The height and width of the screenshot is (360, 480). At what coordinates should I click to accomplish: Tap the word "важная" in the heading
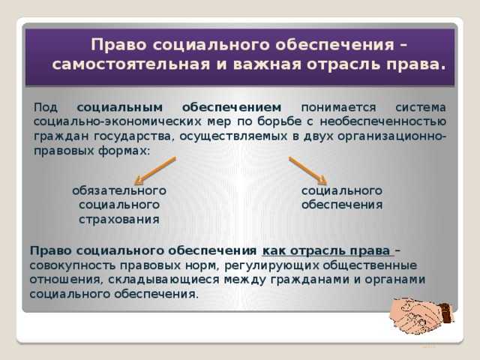click(x=236, y=64)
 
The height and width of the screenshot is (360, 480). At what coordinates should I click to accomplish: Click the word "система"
click(x=420, y=107)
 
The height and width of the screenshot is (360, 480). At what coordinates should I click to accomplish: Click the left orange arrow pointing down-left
click(x=154, y=170)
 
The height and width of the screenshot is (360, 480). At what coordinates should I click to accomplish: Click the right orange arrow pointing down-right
click(x=308, y=170)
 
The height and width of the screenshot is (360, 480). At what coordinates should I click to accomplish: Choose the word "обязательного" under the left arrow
click(x=118, y=190)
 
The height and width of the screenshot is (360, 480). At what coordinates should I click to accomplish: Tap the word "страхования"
click(x=118, y=219)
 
